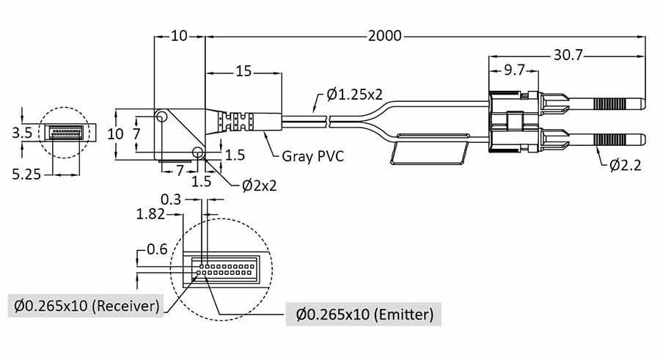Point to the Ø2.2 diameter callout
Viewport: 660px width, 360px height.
pyautogui.click(x=625, y=165)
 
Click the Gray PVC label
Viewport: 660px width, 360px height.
pyautogui.click(x=314, y=155)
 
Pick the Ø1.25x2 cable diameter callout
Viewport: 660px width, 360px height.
pyautogui.click(x=355, y=95)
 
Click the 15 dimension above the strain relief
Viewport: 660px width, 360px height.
pyautogui.click(x=243, y=72)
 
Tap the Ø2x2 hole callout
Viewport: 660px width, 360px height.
pyautogui.click(x=260, y=185)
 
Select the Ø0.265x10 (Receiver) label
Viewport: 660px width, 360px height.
pyautogui.click(x=84, y=305)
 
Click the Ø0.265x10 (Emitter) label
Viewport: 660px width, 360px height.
pyautogui.click(x=364, y=315)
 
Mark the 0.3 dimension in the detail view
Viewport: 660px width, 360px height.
pyautogui.click(x=171, y=199)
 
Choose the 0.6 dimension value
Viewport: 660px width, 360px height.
pyautogui.click(x=156, y=249)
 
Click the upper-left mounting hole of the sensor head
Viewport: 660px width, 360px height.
pyautogui.click(x=161, y=117)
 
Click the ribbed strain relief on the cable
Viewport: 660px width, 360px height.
pyautogui.click(x=238, y=121)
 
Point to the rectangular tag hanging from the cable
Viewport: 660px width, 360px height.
pyautogui.click(x=431, y=150)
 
